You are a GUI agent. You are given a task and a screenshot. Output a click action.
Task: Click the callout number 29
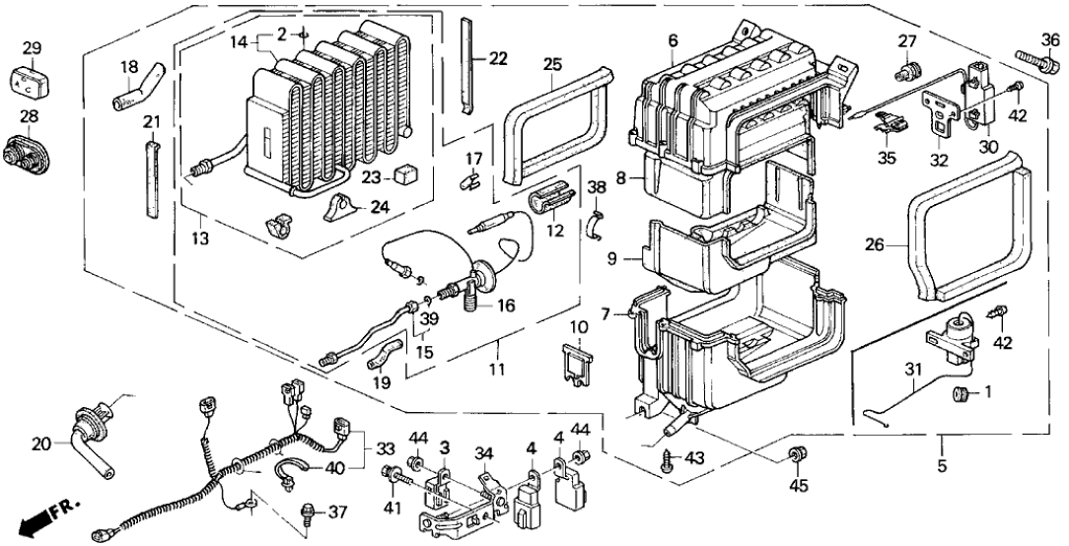(x=32, y=47)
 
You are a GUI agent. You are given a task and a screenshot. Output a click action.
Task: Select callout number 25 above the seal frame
(x=551, y=65)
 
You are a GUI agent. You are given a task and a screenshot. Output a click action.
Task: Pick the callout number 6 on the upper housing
(x=673, y=40)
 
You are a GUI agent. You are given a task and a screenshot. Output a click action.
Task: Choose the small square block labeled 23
(x=403, y=176)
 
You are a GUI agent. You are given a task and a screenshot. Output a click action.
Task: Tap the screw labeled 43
(x=668, y=459)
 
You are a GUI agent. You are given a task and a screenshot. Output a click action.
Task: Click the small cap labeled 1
(x=958, y=395)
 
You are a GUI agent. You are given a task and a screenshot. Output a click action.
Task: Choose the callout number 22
(x=497, y=58)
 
